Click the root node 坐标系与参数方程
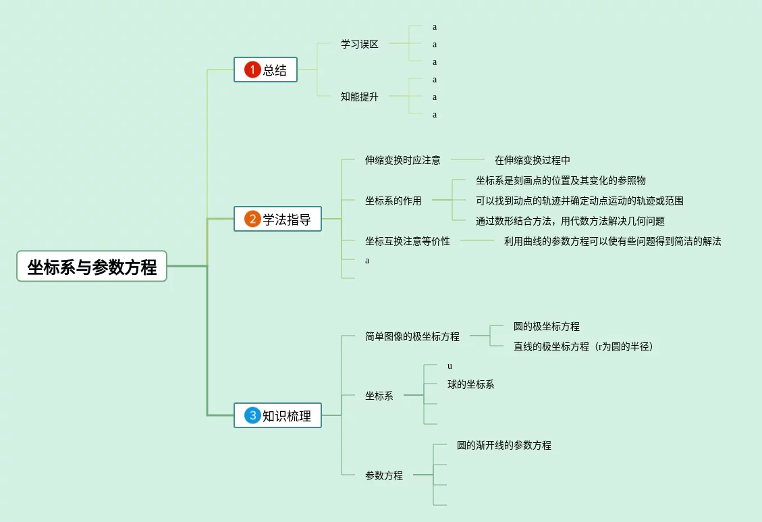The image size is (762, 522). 92,267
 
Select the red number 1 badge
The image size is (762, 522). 252,70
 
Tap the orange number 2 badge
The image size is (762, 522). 252,219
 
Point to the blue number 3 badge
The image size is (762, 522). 252,415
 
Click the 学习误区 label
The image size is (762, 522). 360,44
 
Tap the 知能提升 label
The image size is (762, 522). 360,97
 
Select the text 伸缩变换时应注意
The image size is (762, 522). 403,160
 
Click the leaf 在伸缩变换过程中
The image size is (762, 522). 533,160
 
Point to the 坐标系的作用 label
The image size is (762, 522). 393,201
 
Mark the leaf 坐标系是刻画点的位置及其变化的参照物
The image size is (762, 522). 561,180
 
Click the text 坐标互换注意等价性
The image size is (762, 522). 408,241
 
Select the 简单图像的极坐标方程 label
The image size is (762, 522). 412,336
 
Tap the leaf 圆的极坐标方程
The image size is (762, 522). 547,326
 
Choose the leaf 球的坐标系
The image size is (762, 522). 471,384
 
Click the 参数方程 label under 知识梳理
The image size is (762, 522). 384,475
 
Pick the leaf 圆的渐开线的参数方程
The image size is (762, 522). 504,445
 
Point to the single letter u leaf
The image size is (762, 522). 450,366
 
